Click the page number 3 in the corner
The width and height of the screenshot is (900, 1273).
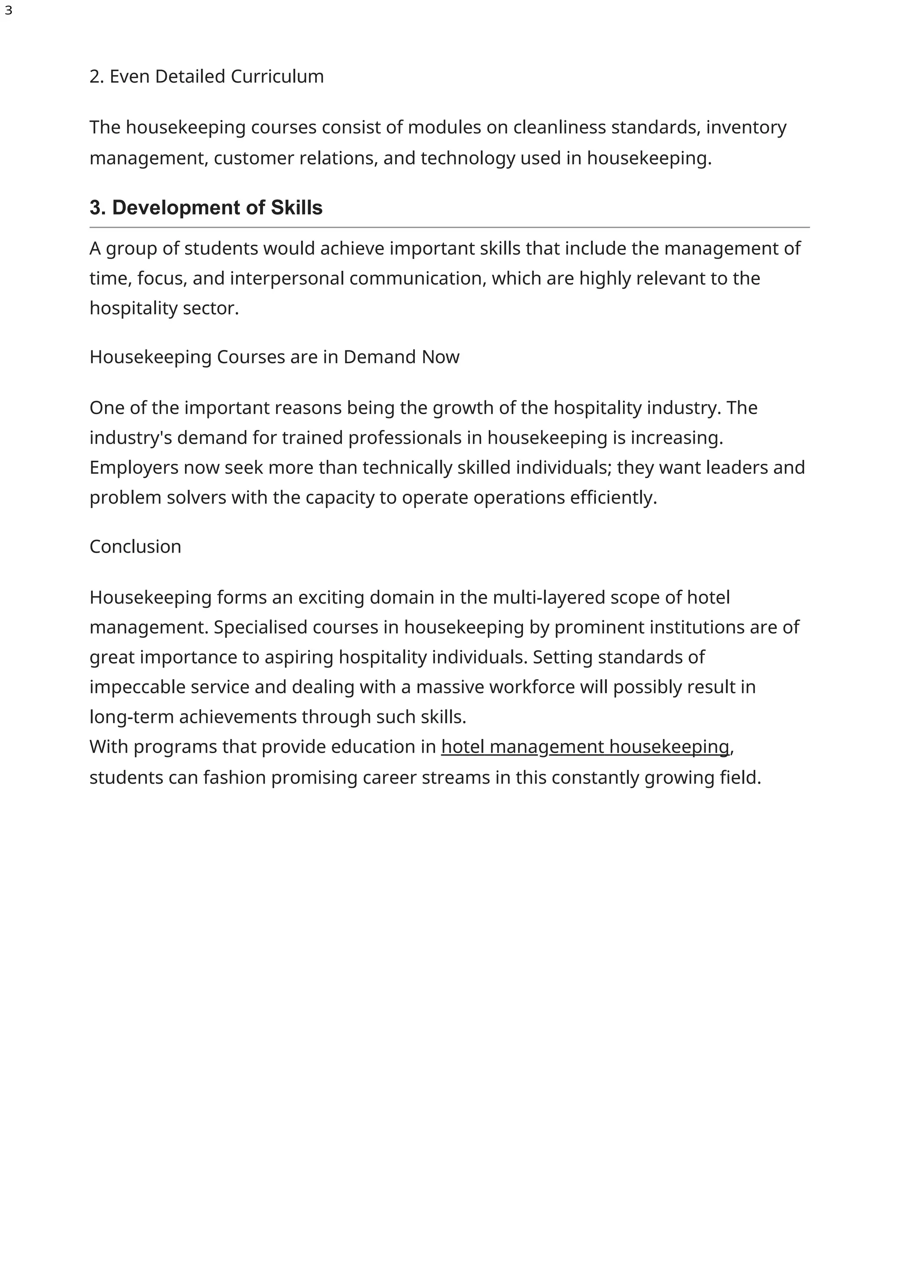pos(8,11)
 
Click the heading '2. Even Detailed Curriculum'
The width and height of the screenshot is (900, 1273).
pos(206,76)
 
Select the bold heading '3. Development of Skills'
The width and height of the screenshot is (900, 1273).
pos(206,208)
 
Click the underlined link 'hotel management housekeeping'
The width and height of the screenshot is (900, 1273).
pos(585,747)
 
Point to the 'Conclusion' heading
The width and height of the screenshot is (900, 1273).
pos(135,547)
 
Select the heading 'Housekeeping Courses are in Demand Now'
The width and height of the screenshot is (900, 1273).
pos(274,357)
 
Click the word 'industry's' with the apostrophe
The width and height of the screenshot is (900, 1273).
pos(131,438)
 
